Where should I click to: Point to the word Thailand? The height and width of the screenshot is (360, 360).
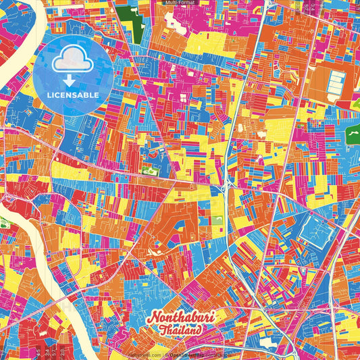tap(180, 331)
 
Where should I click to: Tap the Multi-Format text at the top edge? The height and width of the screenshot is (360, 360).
tap(180, 3)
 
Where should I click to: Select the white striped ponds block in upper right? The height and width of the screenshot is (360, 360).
tap(336, 84)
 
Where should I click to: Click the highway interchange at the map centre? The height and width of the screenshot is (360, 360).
tap(226, 182)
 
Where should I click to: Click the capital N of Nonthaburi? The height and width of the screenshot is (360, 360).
tap(152, 317)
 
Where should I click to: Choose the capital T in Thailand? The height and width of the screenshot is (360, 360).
tap(164, 330)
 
